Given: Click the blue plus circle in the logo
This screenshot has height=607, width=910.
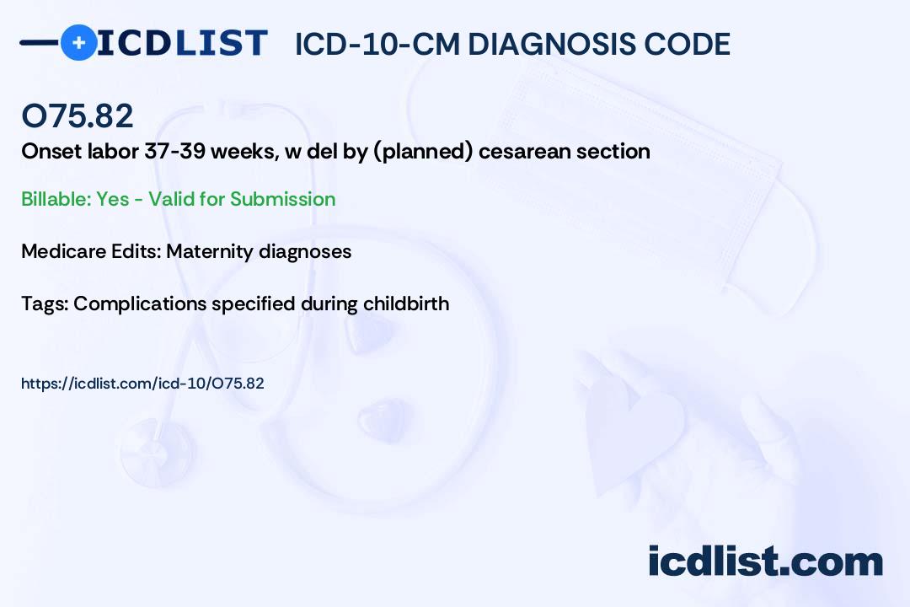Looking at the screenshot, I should tap(78, 43).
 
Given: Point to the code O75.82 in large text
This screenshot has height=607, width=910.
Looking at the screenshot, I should tap(78, 116).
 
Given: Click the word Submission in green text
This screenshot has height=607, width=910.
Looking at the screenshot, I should tap(282, 199).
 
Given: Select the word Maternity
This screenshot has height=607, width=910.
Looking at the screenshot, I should tap(211, 251).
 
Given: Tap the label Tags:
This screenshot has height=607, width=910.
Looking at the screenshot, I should tap(44, 303).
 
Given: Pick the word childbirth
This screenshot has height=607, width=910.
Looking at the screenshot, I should tap(406, 303).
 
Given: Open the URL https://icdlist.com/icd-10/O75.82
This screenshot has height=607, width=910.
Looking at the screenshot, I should tap(142, 384).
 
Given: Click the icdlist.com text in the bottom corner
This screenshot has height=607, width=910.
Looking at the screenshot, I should tap(765, 561).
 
